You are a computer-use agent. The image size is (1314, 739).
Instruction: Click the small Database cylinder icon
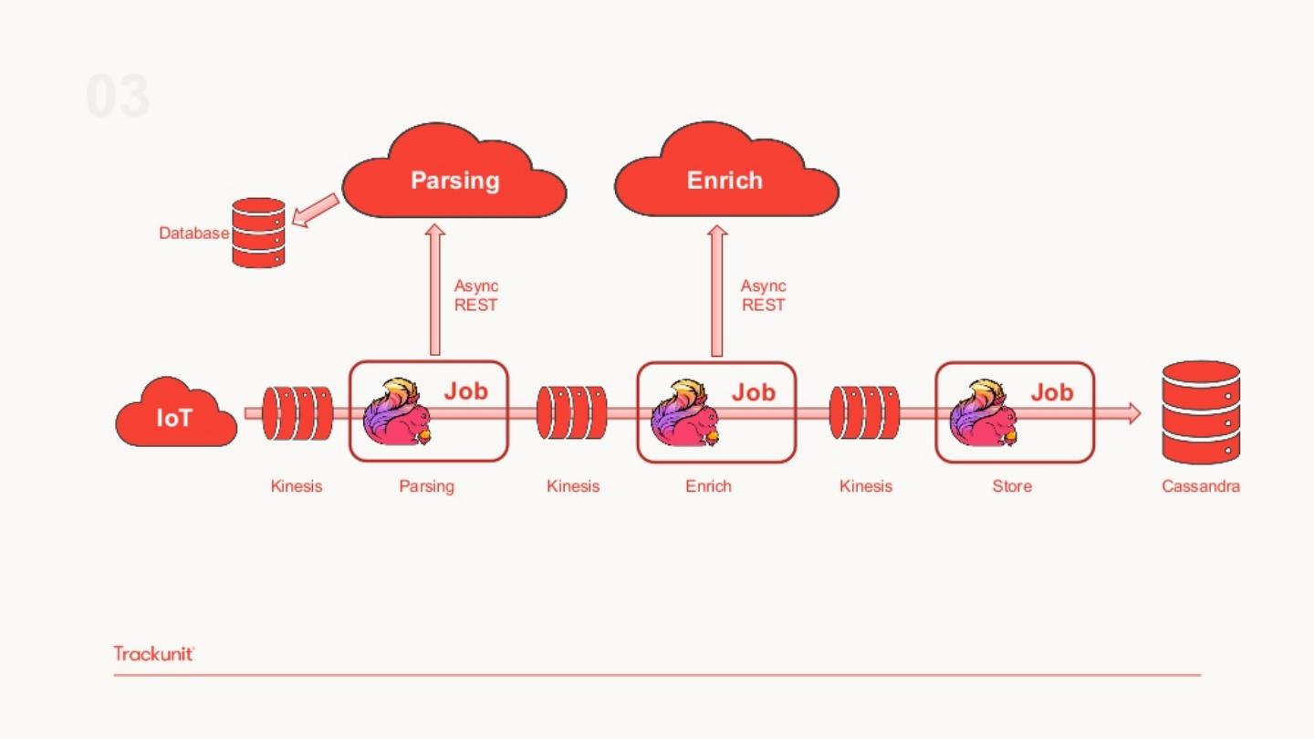point(258,233)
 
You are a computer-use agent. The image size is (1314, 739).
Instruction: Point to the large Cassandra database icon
point(1200,412)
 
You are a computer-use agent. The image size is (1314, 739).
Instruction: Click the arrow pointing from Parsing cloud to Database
point(315,210)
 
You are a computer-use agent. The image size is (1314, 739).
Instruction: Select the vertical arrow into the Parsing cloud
point(435,290)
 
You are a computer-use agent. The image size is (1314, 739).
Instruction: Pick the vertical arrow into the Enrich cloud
point(717,290)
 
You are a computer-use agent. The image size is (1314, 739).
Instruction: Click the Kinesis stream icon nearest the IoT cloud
point(297,413)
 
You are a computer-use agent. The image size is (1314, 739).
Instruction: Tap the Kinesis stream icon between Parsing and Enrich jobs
point(572,413)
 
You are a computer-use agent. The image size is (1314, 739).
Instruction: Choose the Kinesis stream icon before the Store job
point(864,413)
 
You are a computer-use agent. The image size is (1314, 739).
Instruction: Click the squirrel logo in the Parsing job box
point(397,412)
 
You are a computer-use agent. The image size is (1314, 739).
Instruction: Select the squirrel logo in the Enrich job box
point(684,412)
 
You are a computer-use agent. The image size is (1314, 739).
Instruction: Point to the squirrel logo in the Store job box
point(983,412)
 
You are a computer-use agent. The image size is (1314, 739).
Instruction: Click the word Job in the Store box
point(1052,392)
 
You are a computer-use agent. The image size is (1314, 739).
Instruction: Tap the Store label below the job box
point(1012,486)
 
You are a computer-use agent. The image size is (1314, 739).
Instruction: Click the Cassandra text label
point(1201,486)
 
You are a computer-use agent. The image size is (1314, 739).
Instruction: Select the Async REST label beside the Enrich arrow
point(763,296)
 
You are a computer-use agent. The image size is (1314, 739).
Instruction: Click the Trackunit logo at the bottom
point(154,653)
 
